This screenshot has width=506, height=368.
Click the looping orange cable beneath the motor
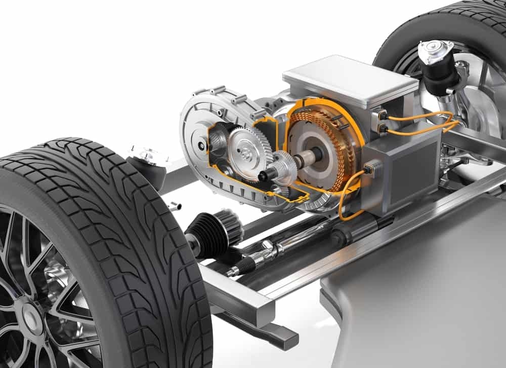click(x=344, y=203)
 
